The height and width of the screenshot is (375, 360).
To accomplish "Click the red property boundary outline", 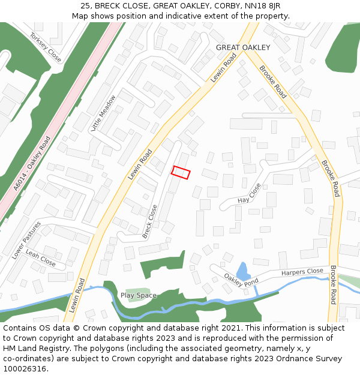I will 181,172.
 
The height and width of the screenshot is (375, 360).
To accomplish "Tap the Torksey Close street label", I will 46,47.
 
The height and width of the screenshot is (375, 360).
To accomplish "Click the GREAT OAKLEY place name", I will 243,47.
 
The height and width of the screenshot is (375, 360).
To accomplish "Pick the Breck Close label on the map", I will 149,221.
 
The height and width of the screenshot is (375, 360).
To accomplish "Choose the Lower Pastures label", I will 26,240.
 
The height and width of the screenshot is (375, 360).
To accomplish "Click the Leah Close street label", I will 41,259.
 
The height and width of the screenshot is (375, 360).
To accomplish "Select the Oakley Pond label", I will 241,279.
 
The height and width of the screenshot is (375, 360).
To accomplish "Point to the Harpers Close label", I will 302,272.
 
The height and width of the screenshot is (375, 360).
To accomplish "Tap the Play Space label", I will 139,295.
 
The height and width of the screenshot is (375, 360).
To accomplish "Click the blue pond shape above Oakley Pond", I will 242,270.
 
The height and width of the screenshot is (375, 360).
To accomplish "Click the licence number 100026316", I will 25,368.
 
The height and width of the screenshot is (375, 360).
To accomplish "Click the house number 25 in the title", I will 85,6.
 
